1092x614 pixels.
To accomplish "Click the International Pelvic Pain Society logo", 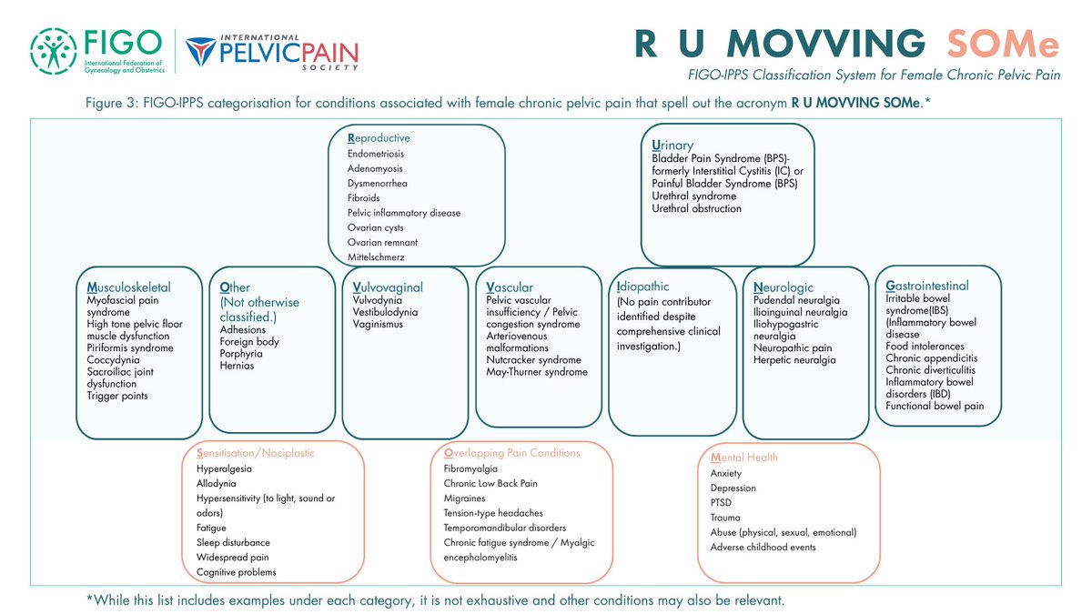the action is (272, 53).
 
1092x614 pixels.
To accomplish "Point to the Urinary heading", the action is (672, 146).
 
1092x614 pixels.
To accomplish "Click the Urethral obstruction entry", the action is (697, 208).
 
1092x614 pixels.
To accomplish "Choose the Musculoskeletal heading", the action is (128, 287).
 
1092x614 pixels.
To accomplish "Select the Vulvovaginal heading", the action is (387, 287).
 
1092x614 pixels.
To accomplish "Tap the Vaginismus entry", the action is (378, 324).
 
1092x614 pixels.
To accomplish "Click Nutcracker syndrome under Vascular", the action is (533, 359).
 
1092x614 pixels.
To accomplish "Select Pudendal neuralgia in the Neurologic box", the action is (796, 300).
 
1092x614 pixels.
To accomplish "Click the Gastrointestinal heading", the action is (926, 286).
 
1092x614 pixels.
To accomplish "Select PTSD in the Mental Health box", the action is (721, 502).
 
